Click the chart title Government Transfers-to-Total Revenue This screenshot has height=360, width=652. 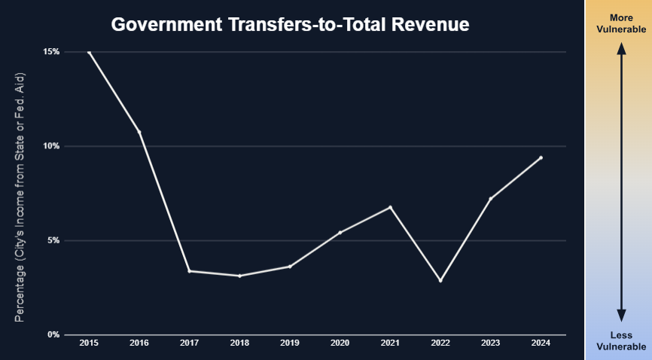(x=290, y=25)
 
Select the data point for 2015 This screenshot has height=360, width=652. (x=90, y=53)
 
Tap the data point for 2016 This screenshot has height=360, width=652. (x=139, y=132)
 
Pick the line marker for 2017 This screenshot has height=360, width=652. (x=190, y=271)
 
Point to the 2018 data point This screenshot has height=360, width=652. (x=239, y=276)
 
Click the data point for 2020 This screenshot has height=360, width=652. (x=340, y=232)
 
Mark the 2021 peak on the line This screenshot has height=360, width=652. (x=390, y=207)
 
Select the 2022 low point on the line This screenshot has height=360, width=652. (x=440, y=280)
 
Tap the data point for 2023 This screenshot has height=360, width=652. (x=490, y=198)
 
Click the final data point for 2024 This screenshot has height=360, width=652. (x=541, y=157)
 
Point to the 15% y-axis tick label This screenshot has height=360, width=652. (x=50, y=52)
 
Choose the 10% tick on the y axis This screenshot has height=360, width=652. (x=50, y=146)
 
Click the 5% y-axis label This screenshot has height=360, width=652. (x=53, y=240)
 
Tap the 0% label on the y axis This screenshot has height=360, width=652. (x=53, y=334)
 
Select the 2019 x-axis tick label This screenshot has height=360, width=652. (x=290, y=343)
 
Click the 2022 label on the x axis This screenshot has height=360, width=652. (x=440, y=343)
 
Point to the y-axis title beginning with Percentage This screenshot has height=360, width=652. (x=20, y=198)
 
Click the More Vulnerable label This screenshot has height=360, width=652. (x=621, y=23)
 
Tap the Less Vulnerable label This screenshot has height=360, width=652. (x=621, y=341)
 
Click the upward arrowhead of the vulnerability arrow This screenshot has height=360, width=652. (x=622, y=49)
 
